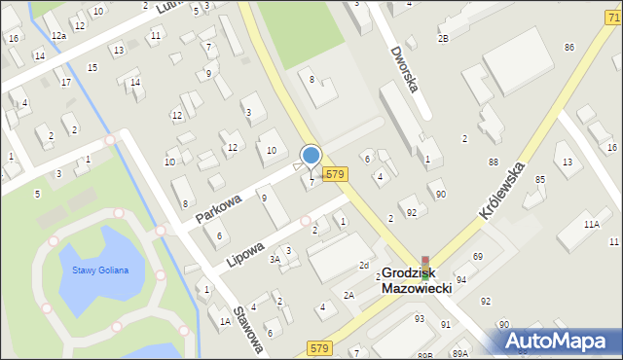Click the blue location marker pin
point(311,156)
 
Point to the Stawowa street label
point(249,330)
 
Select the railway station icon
point(424,265)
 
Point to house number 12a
point(58,35)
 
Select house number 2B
point(443,38)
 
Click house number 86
point(568,48)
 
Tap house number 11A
point(590,225)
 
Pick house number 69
point(477,256)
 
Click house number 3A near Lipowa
point(275,259)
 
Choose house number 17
point(65,82)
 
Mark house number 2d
point(363,265)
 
